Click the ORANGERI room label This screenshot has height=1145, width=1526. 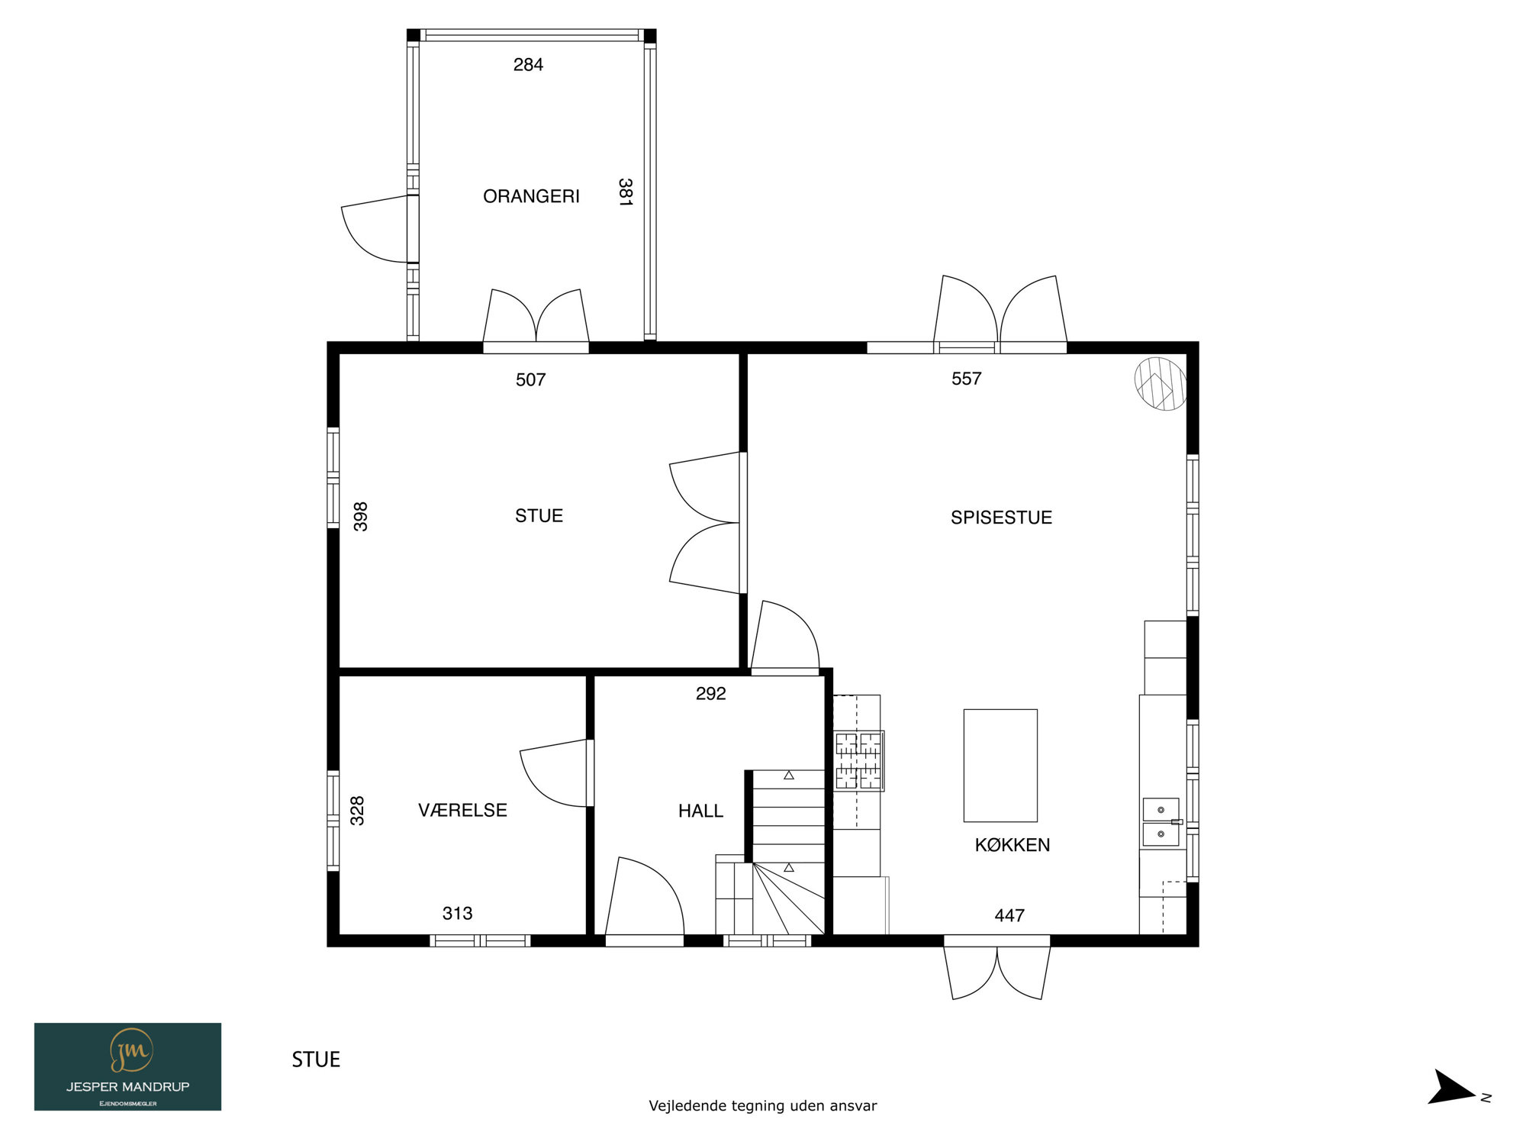[x=531, y=196]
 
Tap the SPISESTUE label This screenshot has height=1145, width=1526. [x=1001, y=518]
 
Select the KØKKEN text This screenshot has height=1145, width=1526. [x=1013, y=845]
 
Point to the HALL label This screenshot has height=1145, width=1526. [x=700, y=811]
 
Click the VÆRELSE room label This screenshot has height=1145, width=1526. [x=462, y=810]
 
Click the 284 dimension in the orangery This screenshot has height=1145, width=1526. [x=528, y=65]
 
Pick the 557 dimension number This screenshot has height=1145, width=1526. [x=966, y=379]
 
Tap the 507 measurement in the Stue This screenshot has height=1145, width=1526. [x=530, y=379]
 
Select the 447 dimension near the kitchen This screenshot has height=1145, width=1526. [x=1009, y=915]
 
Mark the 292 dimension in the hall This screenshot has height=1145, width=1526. [x=710, y=693]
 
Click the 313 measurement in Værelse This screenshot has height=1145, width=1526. [x=457, y=913]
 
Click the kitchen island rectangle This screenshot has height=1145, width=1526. [x=1000, y=766]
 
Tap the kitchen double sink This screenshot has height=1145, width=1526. [x=1161, y=822]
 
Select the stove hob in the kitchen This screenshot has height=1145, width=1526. [x=859, y=760]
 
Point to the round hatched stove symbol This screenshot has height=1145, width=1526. [x=1161, y=384]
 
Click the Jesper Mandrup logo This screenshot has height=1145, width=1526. [x=127, y=1066]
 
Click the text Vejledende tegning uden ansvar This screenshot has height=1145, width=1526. [x=762, y=1105]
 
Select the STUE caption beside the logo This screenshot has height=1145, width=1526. [x=316, y=1060]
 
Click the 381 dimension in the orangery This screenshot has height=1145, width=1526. [x=625, y=192]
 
